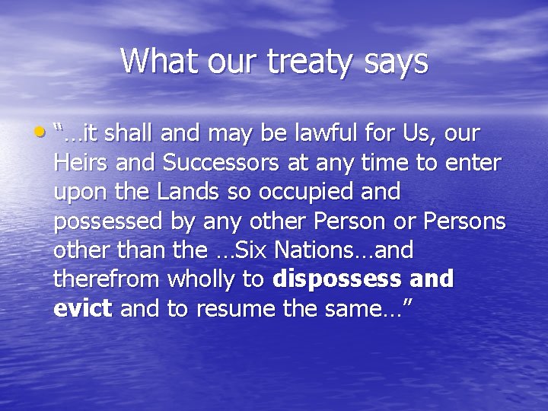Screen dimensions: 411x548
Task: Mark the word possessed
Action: pyautogui.click(x=109, y=221)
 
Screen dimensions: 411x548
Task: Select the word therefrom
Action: pyautogui.click(x=106, y=279)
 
